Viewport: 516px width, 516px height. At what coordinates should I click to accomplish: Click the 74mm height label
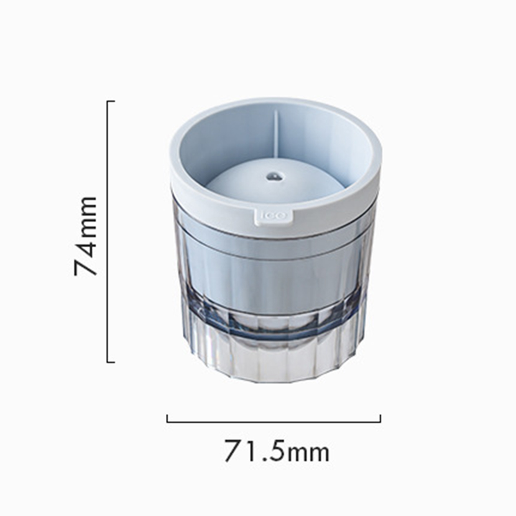pos(85,236)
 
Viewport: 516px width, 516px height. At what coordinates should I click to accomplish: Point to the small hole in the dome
pos(272,177)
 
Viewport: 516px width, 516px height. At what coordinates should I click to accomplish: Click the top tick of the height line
pos(111,101)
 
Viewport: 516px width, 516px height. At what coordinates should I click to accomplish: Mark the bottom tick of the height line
pos(111,362)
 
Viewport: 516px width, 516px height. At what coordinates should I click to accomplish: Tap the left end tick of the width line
pos(167,418)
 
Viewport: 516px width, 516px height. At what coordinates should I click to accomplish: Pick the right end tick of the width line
pos(381,418)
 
